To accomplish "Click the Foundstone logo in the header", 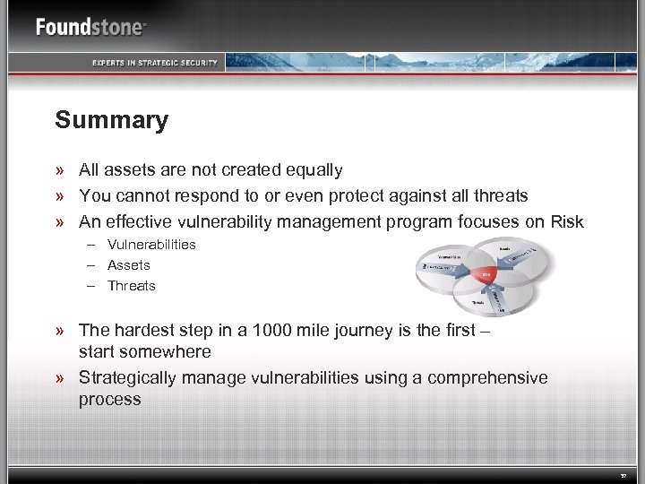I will click(x=90, y=27).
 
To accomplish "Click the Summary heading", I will click(x=111, y=120).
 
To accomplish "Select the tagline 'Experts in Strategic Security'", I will click(x=154, y=62).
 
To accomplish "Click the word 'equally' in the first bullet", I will click(x=314, y=170).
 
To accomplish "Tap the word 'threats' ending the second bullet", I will click(x=499, y=195).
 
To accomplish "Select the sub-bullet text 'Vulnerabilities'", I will click(x=151, y=245).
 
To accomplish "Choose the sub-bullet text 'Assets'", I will click(x=129, y=265).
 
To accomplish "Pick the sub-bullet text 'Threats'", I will click(x=132, y=286).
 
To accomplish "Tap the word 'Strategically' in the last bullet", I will click(x=129, y=377).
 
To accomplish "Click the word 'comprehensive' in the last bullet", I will click(x=487, y=377).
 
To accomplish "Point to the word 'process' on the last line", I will click(x=109, y=400).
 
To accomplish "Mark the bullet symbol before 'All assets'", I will click(x=60, y=170).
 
